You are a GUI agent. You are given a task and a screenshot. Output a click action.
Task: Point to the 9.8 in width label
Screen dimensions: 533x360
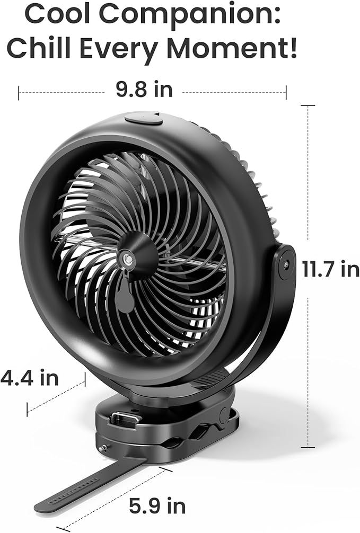(145, 90)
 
